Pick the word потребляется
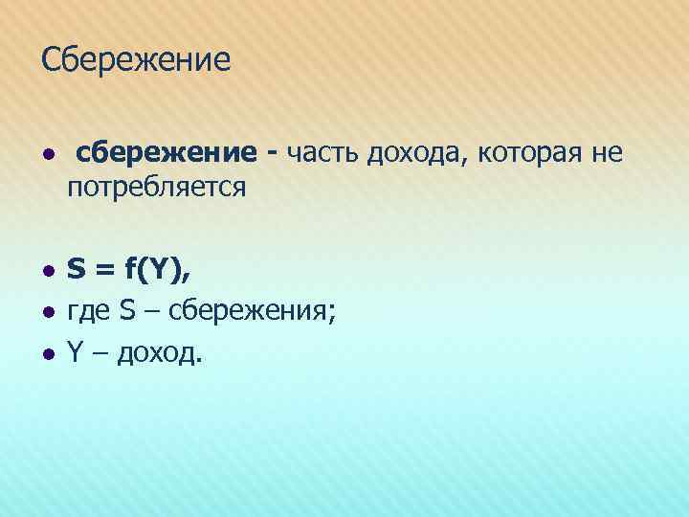click(157, 187)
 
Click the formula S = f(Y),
click(128, 272)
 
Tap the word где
click(89, 312)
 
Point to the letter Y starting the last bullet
click(74, 353)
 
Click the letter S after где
click(128, 312)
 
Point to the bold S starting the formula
click(76, 272)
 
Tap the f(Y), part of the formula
click(158, 272)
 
